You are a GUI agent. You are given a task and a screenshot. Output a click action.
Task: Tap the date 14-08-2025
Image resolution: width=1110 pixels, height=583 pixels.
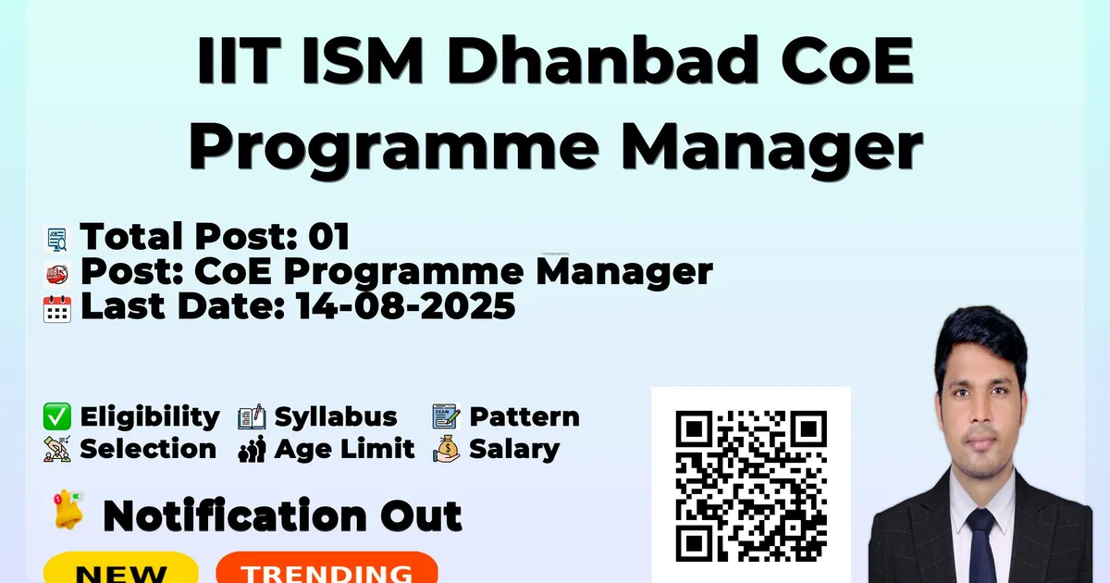tap(406, 306)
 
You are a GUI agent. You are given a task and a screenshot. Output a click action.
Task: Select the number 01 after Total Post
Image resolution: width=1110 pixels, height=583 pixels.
tap(329, 236)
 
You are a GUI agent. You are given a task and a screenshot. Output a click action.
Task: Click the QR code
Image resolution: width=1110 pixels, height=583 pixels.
tap(751, 486)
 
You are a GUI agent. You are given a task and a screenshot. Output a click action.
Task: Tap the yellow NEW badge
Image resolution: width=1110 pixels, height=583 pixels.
tap(121, 568)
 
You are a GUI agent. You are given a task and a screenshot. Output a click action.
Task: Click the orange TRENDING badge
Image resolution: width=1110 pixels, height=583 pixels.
tap(327, 568)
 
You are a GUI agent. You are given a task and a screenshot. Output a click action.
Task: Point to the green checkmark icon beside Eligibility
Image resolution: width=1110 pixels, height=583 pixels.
tap(57, 416)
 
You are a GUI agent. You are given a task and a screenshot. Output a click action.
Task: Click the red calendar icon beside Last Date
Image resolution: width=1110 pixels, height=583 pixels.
tap(57, 309)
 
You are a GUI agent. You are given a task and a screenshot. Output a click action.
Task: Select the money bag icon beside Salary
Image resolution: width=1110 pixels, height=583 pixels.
tap(446, 449)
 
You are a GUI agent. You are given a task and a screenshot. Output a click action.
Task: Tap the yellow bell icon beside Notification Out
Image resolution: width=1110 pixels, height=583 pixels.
tap(68, 510)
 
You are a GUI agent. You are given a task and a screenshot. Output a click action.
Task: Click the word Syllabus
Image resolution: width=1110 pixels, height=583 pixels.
tap(336, 417)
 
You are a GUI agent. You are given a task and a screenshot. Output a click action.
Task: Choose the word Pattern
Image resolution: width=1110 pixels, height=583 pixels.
tap(524, 416)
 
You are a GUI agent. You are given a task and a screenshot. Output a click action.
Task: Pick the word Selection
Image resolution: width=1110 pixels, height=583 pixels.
tap(148, 449)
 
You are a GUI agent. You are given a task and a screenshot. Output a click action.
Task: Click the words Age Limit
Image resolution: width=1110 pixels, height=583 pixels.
tap(344, 449)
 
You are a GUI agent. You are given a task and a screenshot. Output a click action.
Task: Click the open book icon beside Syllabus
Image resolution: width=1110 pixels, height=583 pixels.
tap(252, 416)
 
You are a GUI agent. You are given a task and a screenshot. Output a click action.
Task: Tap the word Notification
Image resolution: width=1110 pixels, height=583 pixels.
tap(235, 515)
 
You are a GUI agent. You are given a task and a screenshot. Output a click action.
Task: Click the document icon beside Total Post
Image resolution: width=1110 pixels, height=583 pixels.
tap(57, 240)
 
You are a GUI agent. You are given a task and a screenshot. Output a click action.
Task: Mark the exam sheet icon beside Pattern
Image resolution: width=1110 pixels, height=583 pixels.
tap(446, 416)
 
